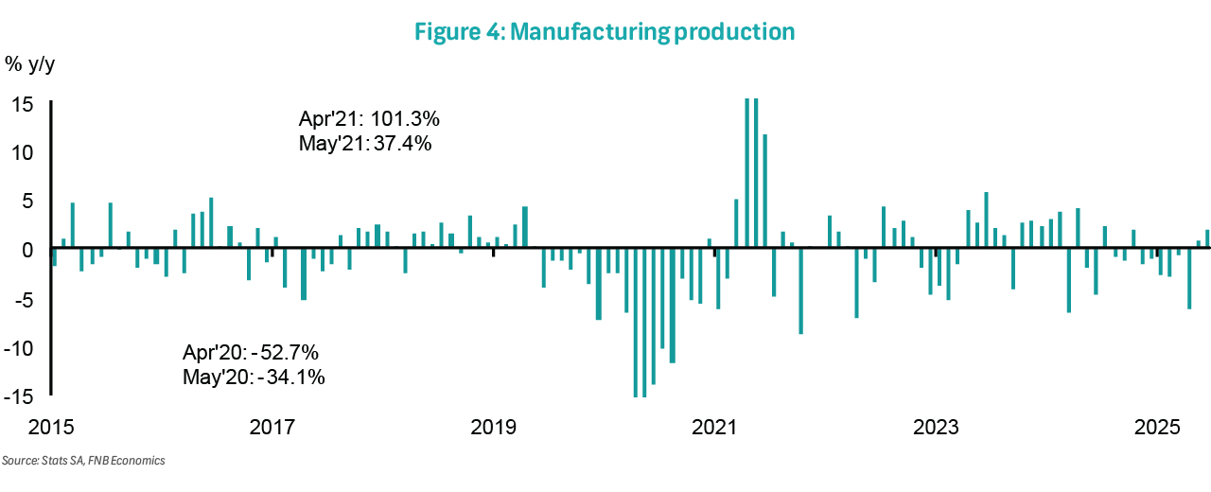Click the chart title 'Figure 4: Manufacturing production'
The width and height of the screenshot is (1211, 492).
point(605,31)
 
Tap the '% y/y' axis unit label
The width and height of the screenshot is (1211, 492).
point(31,64)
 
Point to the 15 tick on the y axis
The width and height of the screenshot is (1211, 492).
point(22,103)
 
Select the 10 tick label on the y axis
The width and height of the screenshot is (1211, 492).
point(22,151)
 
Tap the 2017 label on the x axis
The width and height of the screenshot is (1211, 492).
point(272,427)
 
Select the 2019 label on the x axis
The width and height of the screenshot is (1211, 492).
point(493,427)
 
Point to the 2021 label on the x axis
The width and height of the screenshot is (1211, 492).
point(714,427)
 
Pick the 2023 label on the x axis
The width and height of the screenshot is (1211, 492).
point(936,427)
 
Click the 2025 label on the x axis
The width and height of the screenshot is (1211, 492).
point(1156,427)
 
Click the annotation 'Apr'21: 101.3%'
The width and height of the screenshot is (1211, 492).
point(369,120)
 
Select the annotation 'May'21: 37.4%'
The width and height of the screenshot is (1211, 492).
point(365,145)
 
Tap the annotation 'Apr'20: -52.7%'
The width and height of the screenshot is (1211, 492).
point(251,353)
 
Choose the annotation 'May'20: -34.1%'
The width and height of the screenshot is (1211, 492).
point(254,378)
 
